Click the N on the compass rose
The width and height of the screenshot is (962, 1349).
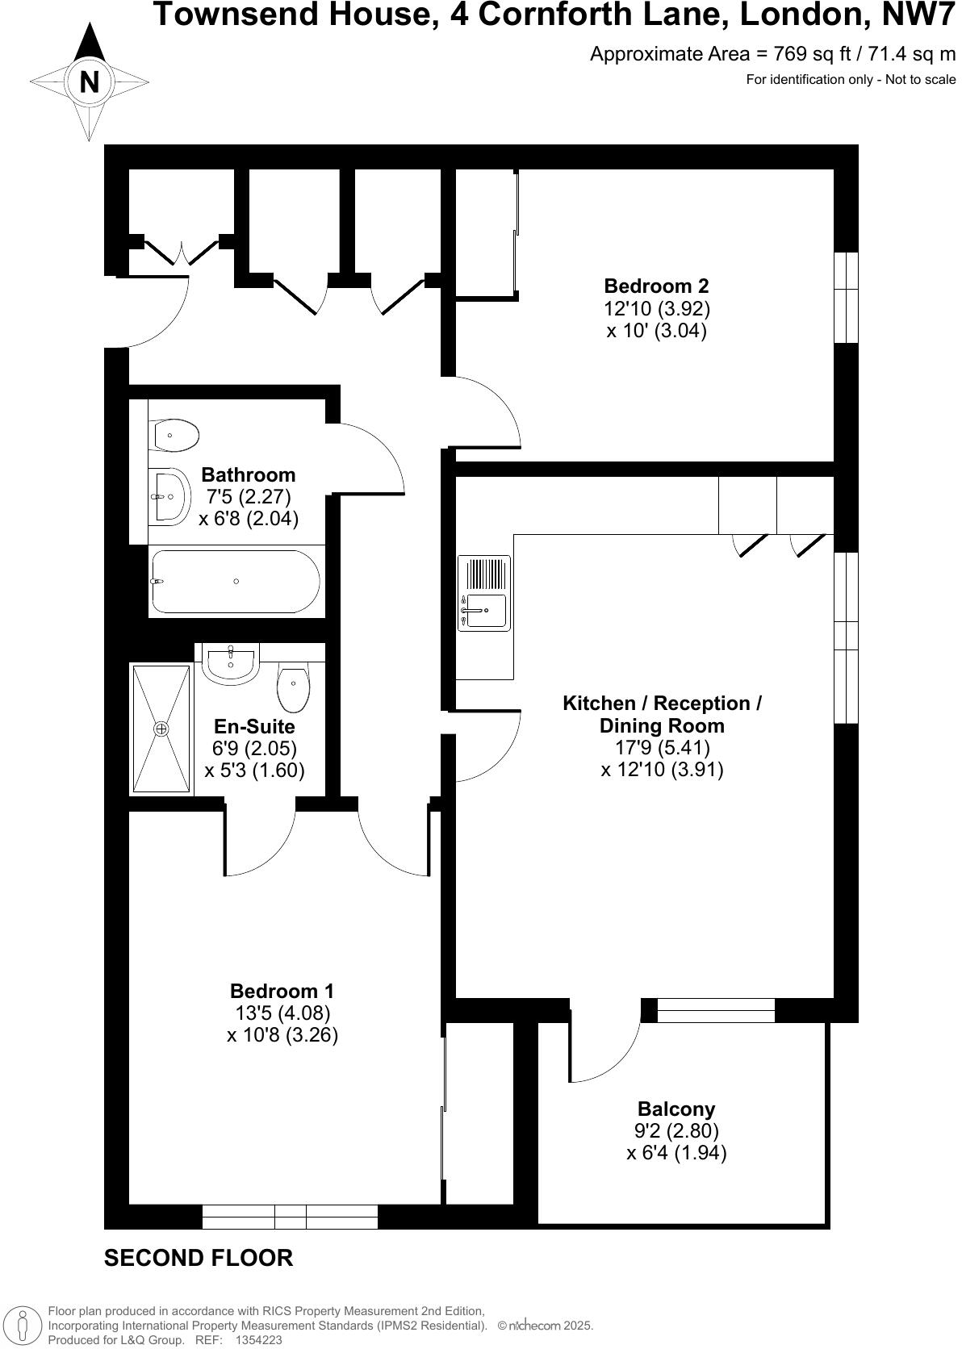click(x=89, y=81)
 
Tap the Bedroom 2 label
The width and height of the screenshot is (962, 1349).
click(x=656, y=286)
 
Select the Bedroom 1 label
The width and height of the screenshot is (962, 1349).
click(x=282, y=991)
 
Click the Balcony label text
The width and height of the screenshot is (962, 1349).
click(x=676, y=1109)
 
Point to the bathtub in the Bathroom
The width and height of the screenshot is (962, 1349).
click(x=236, y=582)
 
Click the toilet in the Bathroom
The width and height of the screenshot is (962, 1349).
click(x=176, y=436)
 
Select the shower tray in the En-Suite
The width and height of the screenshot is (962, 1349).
click(x=162, y=729)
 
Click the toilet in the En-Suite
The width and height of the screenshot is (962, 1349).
click(x=293, y=687)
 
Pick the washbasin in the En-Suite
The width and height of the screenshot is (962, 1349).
click(x=231, y=662)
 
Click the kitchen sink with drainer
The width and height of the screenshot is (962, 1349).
click(x=484, y=593)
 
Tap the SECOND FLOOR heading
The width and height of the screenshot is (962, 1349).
click(x=199, y=1258)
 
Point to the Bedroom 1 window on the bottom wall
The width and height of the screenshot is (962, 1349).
click(x=290, y=1216)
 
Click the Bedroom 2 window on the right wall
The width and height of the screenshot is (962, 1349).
click(x=846, y=298)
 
